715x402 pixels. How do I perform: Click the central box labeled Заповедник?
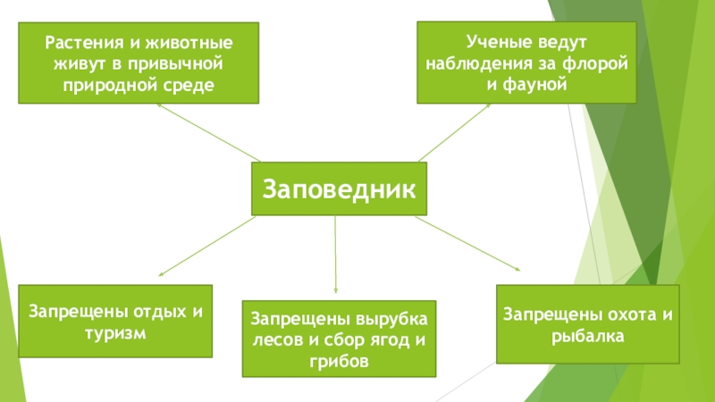click(338, 189)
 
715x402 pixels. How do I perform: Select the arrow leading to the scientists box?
click(456, 131)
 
